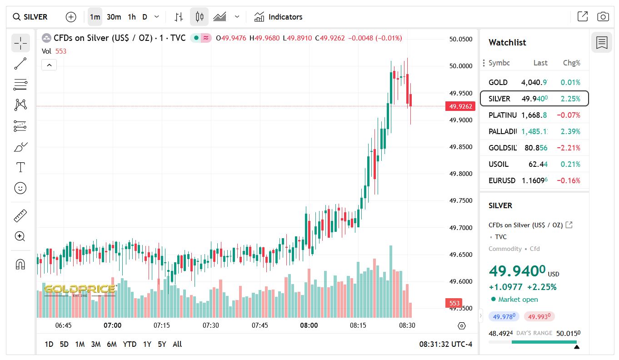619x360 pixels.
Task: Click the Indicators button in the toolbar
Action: [x=278, y=17]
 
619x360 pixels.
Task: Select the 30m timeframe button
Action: [x=114, y=17]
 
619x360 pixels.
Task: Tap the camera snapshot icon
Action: [x=603, y=17]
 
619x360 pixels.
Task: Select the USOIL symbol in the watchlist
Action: [x=499, y=164]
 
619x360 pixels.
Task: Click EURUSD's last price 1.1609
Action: [x=534, y=180]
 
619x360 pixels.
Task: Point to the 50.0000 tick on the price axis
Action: [x=461, y=66]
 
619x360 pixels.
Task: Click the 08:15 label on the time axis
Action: [x=358, y=325]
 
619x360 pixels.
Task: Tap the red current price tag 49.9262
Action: [x=461, y=106]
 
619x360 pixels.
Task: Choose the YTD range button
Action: [x=130, y=344]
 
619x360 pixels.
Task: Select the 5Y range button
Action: [x=162, y=344]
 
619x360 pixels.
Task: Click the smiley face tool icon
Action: [x=20, y=188]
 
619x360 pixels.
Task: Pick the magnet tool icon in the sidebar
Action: [x=20, y=264]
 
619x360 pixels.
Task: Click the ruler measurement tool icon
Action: [x=20, y=215]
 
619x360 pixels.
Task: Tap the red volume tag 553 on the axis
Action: [x=454, y=303]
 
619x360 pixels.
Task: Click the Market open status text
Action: [x=518, y=299]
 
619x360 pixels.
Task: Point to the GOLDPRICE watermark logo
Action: [x=80, y=289]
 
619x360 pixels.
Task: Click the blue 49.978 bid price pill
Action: [x=504, y=316]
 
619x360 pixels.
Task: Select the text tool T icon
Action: [x=20, y=167]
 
